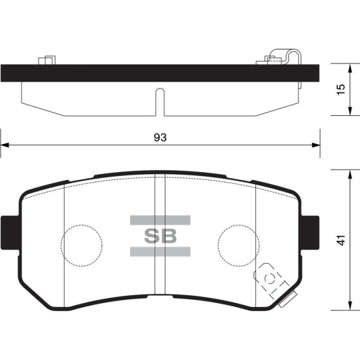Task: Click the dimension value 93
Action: [160, 137]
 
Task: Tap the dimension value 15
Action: [342, 89]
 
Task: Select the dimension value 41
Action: [342, 240]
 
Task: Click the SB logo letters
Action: [160, 236]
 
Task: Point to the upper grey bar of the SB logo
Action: [160, 220]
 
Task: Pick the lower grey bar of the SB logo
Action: [160, 251]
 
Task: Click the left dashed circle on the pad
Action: [82, 225]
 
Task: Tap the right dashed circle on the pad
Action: [239, 225]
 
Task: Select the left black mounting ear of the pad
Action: [10, 232]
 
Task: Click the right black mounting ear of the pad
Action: [310, 232]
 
